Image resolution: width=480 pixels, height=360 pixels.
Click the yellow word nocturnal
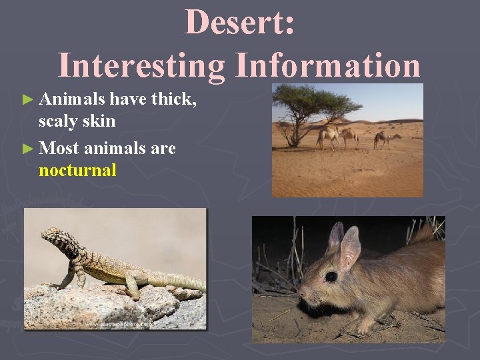77,170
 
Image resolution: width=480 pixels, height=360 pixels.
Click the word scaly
57,121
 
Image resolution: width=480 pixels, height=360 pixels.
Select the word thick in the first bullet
173,99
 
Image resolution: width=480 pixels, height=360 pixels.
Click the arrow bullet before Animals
27,100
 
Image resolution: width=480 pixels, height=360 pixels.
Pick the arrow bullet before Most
27,148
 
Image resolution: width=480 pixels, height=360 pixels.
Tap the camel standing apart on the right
383,138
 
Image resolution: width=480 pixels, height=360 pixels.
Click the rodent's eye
331,276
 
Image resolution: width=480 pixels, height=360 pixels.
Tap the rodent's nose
301,292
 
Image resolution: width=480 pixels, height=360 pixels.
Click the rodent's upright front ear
349,246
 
